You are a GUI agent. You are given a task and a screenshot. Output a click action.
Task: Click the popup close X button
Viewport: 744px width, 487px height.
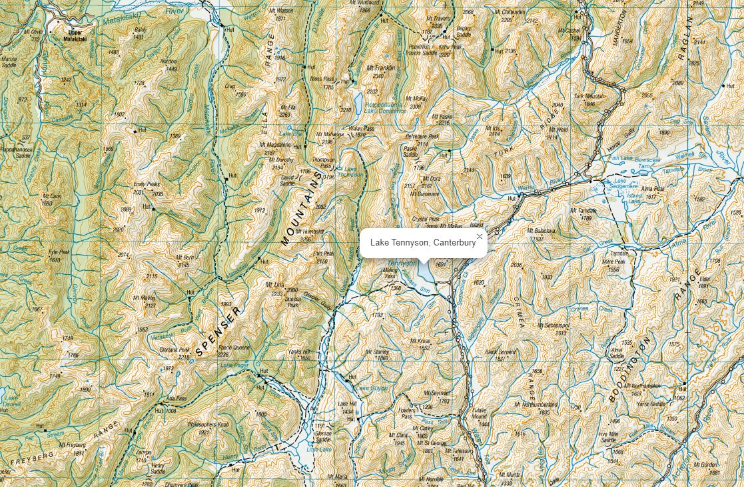click(x=479, y=236)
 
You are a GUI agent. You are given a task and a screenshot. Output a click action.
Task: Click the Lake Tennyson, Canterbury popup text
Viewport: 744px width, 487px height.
click(x=423, y=243)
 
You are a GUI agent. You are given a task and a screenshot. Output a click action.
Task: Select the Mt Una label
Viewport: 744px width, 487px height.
click(x=274, y=285)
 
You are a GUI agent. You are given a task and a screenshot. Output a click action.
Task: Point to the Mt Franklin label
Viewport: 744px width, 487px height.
click(x=380, y=68)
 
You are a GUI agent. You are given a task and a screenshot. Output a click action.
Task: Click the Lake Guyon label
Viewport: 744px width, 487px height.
click(x=370, y=388)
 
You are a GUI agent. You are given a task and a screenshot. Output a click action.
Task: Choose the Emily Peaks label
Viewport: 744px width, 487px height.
click(x=147, y=184)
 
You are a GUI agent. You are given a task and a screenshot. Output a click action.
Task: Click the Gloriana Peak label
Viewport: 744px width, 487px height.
click(x=175, y=349)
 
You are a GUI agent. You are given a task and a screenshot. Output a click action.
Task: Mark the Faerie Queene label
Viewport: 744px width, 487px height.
click(x=234, y=348)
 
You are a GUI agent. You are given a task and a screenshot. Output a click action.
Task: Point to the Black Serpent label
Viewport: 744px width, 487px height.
click(x=500, y=352)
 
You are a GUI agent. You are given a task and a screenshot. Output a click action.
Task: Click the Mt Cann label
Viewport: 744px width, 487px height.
click(x=52, y=196)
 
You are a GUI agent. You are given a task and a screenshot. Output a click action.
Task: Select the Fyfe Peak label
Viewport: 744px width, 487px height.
click(x=59, y=253)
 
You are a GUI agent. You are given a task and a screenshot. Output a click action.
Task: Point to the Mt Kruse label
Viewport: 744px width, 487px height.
click(x=420, y=341)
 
